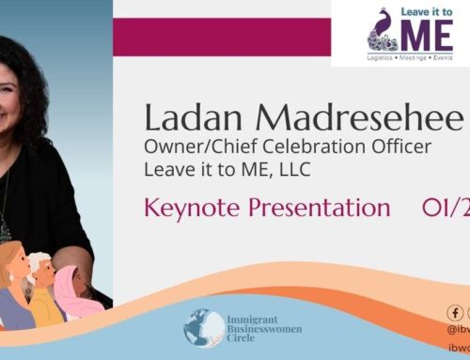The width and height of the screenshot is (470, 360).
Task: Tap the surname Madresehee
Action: coord(357,119)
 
